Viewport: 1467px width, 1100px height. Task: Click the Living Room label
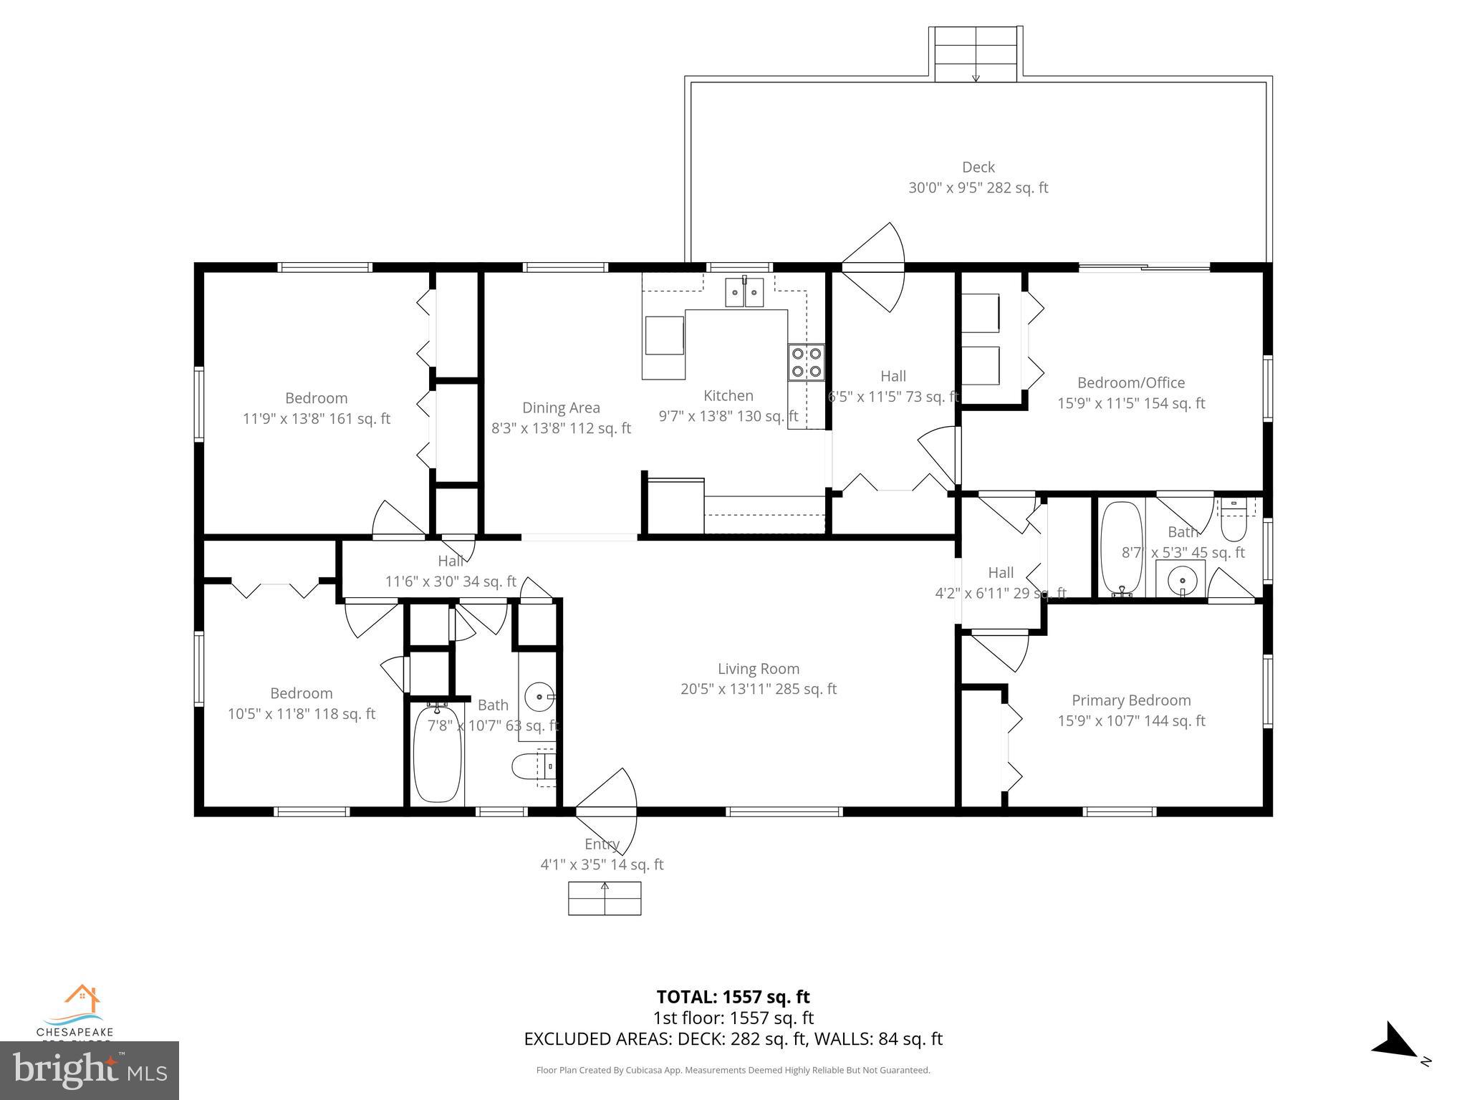coord(758,669)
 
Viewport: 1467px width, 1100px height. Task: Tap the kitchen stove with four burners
coord(806,362)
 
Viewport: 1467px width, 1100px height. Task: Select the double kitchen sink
coord(745,293)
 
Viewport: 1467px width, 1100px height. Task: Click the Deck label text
coord(978,168)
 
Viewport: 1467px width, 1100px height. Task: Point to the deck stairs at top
coord(976,54)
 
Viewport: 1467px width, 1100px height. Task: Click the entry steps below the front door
coord(605,898)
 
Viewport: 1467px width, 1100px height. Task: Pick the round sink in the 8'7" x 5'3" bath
coord(1180,578)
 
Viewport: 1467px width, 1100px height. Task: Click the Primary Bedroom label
coord(1131,700)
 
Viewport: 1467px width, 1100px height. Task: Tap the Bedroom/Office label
coord(1131,383)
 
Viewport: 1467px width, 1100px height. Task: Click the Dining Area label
coord(561,408)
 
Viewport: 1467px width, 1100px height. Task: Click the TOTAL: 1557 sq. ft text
coord(733,997)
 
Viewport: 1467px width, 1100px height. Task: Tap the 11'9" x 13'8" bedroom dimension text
coord(316,419)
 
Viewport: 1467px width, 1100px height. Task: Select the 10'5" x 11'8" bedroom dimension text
coord(301,714)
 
